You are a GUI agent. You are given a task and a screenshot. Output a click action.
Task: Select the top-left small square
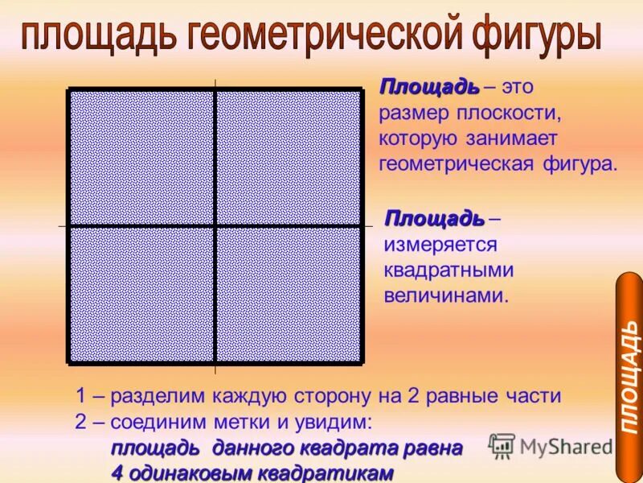coord(142,158)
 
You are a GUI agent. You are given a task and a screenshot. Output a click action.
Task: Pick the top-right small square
coord(288,158)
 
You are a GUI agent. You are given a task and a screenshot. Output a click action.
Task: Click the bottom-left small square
coord(142,294)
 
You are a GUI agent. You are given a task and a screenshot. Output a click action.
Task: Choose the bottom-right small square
coord(288,294)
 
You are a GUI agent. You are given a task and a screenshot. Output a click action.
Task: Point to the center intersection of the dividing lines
coord(215,226)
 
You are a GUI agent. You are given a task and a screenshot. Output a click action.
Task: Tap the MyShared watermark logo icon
coord(502,446)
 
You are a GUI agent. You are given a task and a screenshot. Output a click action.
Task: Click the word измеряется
coord(440,244)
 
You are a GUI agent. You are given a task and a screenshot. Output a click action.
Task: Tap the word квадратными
coord(448,270)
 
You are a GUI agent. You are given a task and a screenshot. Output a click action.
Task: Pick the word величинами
coord(446,295)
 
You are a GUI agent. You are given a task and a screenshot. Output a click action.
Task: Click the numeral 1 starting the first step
coord(80,396)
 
